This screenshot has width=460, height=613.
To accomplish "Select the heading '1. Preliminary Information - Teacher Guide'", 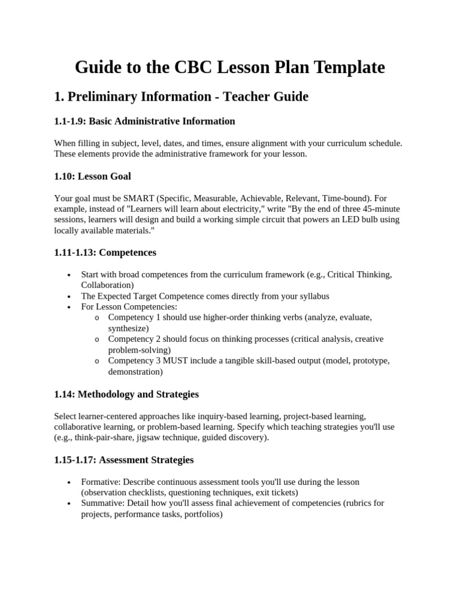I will (x=181, y=96).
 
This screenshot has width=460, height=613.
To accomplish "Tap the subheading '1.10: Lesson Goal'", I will (x=92, y=176).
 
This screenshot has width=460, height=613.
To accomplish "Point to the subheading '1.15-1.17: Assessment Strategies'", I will (x=124, y=460).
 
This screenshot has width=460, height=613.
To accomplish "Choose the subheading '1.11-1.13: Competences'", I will (x=105, y=253).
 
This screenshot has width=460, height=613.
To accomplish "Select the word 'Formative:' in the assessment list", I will (x=100, y=482).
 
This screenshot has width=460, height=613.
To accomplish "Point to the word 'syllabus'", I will (x=311, y=296).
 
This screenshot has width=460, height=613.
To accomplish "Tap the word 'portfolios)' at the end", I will (x=203, y=514).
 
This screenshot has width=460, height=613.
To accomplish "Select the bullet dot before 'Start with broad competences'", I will (x=69, y=275).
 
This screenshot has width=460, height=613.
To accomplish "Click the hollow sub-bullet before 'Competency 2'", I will (x=96, y=339).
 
